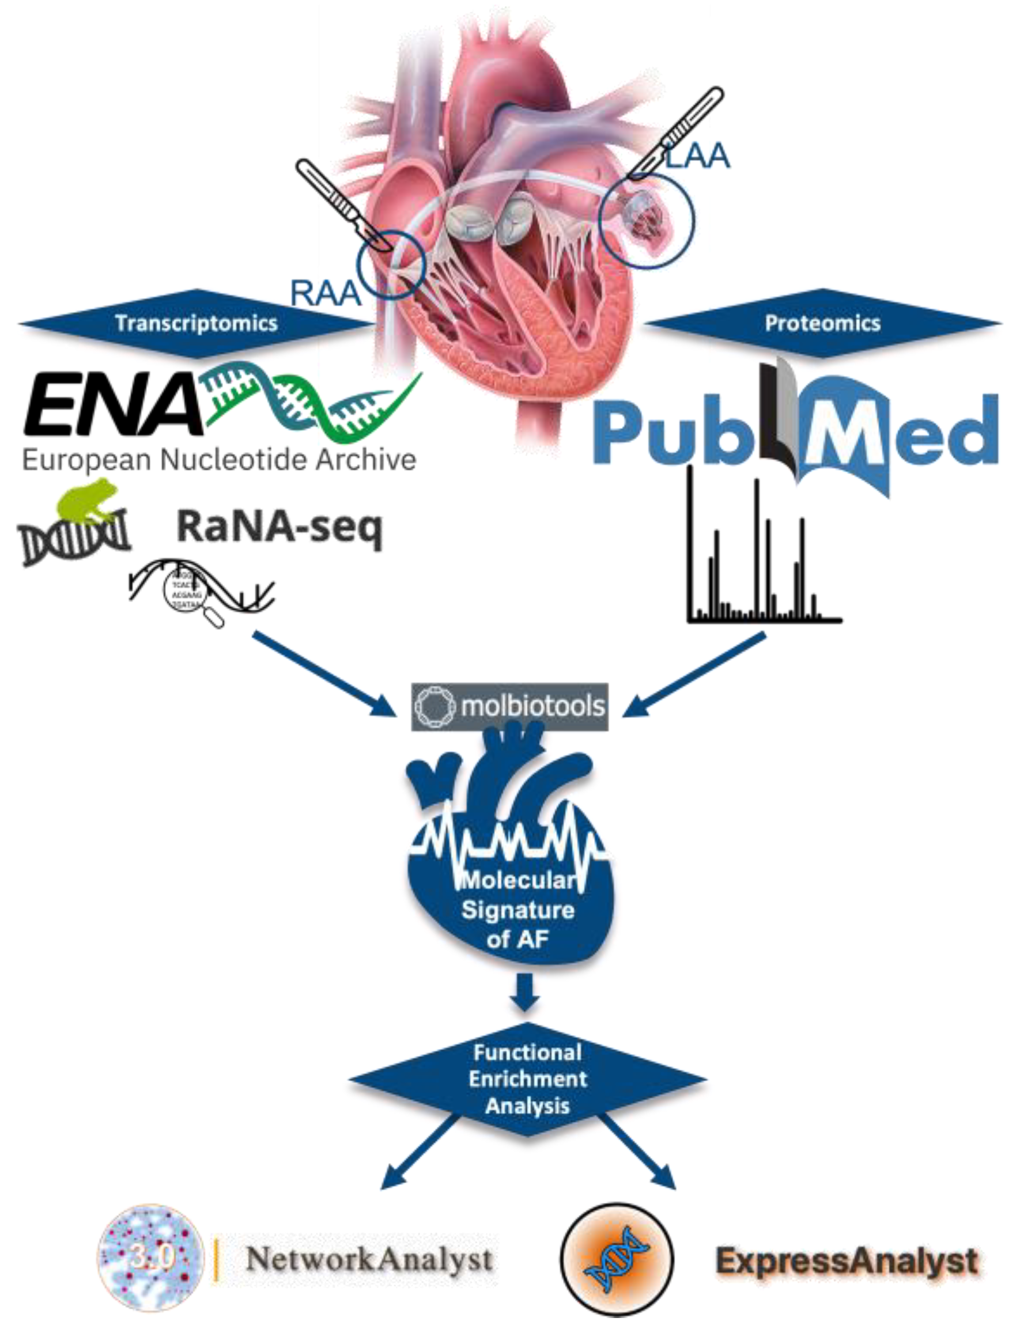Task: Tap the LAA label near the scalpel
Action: (697, 155)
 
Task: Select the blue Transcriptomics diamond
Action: (197, 323)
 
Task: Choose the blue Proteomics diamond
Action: (822, 323)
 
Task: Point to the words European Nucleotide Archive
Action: (219, 460)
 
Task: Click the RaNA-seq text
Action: (280, 527)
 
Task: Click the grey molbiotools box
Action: (509, 706)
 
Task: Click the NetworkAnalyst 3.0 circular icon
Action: (151, 1257)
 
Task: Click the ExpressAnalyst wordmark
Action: (847, 1261)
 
